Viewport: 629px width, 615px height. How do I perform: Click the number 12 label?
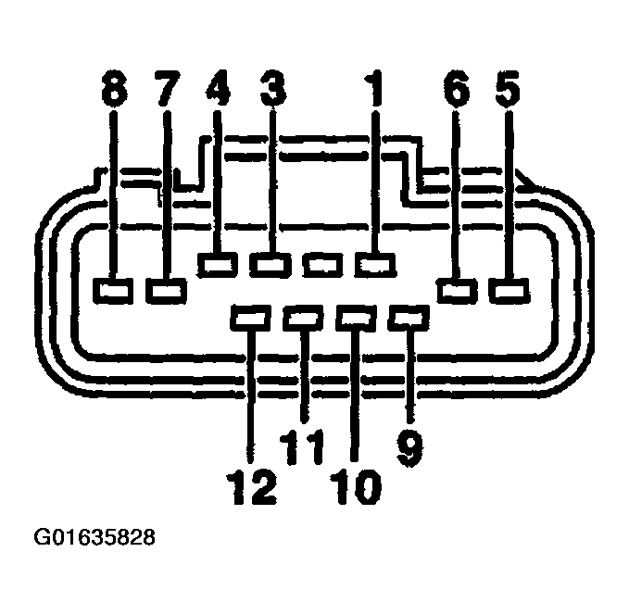[252, 486]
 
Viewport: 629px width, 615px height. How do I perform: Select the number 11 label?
[302, 447]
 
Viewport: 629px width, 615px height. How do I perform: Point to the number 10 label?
[356, 486]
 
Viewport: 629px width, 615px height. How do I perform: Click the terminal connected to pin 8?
[113, 291]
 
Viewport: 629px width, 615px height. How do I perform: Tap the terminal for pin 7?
[166, 291]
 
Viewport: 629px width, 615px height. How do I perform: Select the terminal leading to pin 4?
[218, 265]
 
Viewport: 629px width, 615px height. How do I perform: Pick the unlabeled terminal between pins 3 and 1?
[323, 265]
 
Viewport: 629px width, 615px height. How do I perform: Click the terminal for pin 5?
[509, 291]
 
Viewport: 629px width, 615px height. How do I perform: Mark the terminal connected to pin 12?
[251, 318]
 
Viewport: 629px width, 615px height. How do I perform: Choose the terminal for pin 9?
[409, 318]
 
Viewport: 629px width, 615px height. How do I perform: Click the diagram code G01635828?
[94, 537]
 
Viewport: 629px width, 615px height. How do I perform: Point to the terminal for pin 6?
[458, 291]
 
